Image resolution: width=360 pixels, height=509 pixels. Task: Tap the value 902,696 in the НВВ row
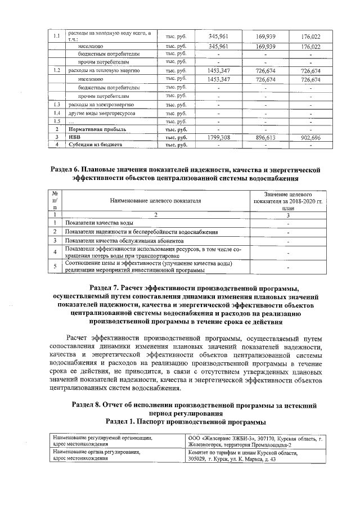pyautogui.click(x=310, y=137)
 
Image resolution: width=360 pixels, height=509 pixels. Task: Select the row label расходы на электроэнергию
pyautogui.click(x=100, y=105)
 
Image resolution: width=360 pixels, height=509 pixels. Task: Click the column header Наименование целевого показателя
pyautogui.click(x=156, y=201)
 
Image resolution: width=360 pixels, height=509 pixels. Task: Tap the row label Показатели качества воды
pyautogui.click(x=99, y=223)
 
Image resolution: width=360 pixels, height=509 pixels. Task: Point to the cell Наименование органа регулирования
pyautogui.click(x=96, y=452)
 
